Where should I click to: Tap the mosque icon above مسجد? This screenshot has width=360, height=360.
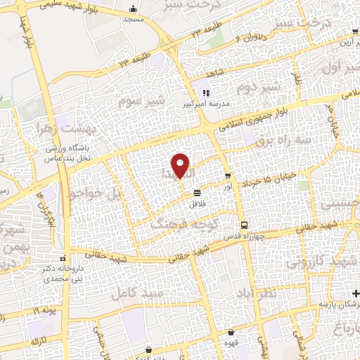(133, 10)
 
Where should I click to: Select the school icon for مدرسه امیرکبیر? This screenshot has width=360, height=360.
(205, 93)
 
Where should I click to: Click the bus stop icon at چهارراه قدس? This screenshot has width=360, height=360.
(243, 225)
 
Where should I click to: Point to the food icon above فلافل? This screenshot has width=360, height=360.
(198, 191)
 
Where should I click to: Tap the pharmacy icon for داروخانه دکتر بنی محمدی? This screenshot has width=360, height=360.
(63, 258)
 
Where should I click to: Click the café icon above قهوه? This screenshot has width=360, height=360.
(231, 332)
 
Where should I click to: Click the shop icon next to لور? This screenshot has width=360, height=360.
(227, 175)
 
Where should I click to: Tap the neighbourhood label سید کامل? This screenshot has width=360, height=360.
(135, 289)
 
